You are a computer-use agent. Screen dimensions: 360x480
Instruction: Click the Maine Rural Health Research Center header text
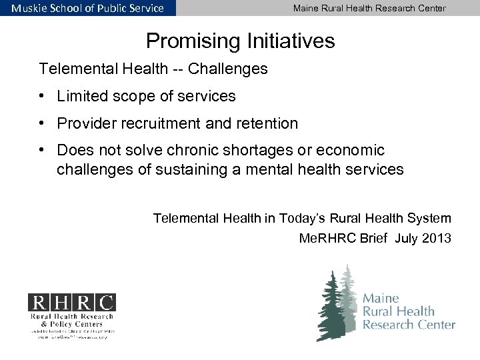point(369,8)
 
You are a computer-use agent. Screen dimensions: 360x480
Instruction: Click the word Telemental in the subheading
point(77,69)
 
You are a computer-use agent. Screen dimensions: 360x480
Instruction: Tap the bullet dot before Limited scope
point(42,97)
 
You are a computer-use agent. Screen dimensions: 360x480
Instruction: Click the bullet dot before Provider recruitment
point(42,124)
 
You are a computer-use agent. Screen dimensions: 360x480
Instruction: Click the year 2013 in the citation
point(436,237)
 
